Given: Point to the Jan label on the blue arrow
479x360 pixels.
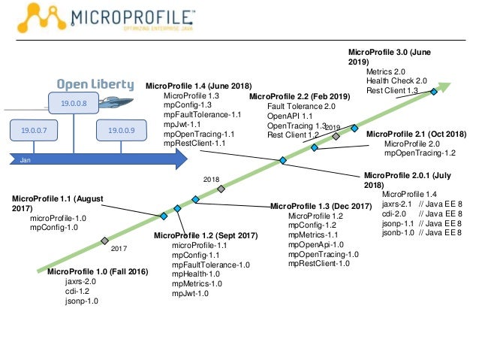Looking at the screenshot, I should (x=26, y=160).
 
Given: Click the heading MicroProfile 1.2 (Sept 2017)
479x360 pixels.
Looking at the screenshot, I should (x=206, y=235).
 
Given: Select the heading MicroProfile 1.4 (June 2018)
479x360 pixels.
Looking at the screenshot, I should (x=198, y=86).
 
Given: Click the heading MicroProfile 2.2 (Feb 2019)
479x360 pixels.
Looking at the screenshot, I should (x=300, y=96).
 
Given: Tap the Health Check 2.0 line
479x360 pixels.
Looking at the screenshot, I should (x=396, y=81).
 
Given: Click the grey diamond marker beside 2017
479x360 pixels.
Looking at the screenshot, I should (x=104, y=241).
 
